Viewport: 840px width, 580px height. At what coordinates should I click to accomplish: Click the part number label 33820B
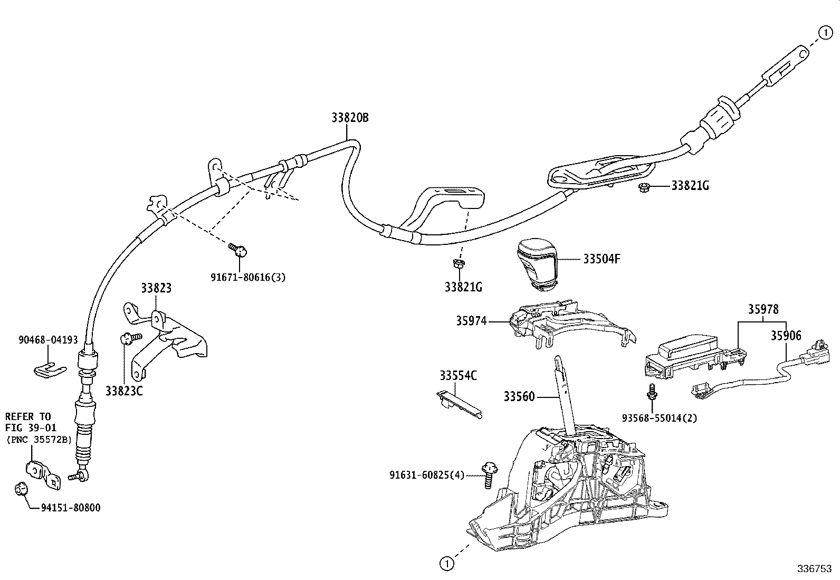pyautogui.click(x=350, y=118)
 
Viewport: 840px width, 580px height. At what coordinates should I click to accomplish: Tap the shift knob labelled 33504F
pyautogui.click(x=537, y=264)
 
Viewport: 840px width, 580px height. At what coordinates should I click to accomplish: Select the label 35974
pyautogui.click(x=471, y=321)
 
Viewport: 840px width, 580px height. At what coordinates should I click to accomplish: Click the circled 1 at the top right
pyautogui.click(x=825, y=33)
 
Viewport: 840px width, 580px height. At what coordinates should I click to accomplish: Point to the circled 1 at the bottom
pyautogui.click(x=446, y=563)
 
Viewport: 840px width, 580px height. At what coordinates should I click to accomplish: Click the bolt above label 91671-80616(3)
pyautogui.click(x=238, y=249)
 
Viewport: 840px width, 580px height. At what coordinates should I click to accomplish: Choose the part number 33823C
pyautogui.click(x=124, y=391)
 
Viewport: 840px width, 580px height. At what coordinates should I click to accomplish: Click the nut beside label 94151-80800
pyautogui.click(x=20, y=489)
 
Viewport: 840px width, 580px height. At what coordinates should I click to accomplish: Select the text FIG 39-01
pyautogui.click(x=31, y=427)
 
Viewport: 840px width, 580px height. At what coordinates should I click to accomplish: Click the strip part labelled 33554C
pyautogui.click(x=460, y=404)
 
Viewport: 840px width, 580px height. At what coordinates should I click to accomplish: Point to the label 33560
pyautogui.click(x=519, y=396)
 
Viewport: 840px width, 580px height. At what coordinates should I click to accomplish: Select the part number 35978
pyautogui.click(x=763, y=309)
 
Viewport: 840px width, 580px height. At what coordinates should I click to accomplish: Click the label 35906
pyautogui.click(x=786, y=335)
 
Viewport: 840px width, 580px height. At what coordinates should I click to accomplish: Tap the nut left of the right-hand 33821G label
pyautogui.click(x=644, y=187)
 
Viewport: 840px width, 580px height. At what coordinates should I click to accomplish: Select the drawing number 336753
pyautogui.click(x=815, y=568)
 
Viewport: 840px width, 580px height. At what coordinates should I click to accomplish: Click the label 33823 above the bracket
pyautogui.click(x=156, y=288)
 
